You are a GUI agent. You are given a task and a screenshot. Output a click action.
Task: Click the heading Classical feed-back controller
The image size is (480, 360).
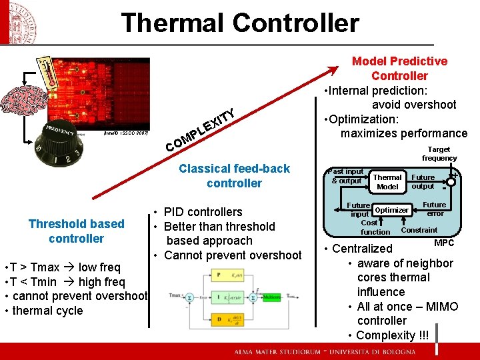point(234,176)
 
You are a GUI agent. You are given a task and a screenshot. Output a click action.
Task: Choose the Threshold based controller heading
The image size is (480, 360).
point(76,231)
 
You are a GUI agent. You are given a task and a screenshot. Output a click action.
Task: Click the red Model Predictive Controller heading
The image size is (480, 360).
point(399,68)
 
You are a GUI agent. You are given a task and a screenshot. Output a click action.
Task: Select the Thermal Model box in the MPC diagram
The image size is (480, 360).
point(387,182)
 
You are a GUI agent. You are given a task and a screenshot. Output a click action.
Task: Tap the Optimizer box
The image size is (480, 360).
point(391,210)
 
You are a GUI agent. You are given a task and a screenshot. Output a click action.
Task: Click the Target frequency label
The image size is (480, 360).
point(439,154)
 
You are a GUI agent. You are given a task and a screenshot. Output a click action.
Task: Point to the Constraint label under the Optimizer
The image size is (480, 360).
point(419,230)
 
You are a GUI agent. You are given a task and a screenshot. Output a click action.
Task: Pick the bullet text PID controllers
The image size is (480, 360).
point(203,212)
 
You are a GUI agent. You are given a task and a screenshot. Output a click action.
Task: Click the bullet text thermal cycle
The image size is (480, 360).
point(47,311)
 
